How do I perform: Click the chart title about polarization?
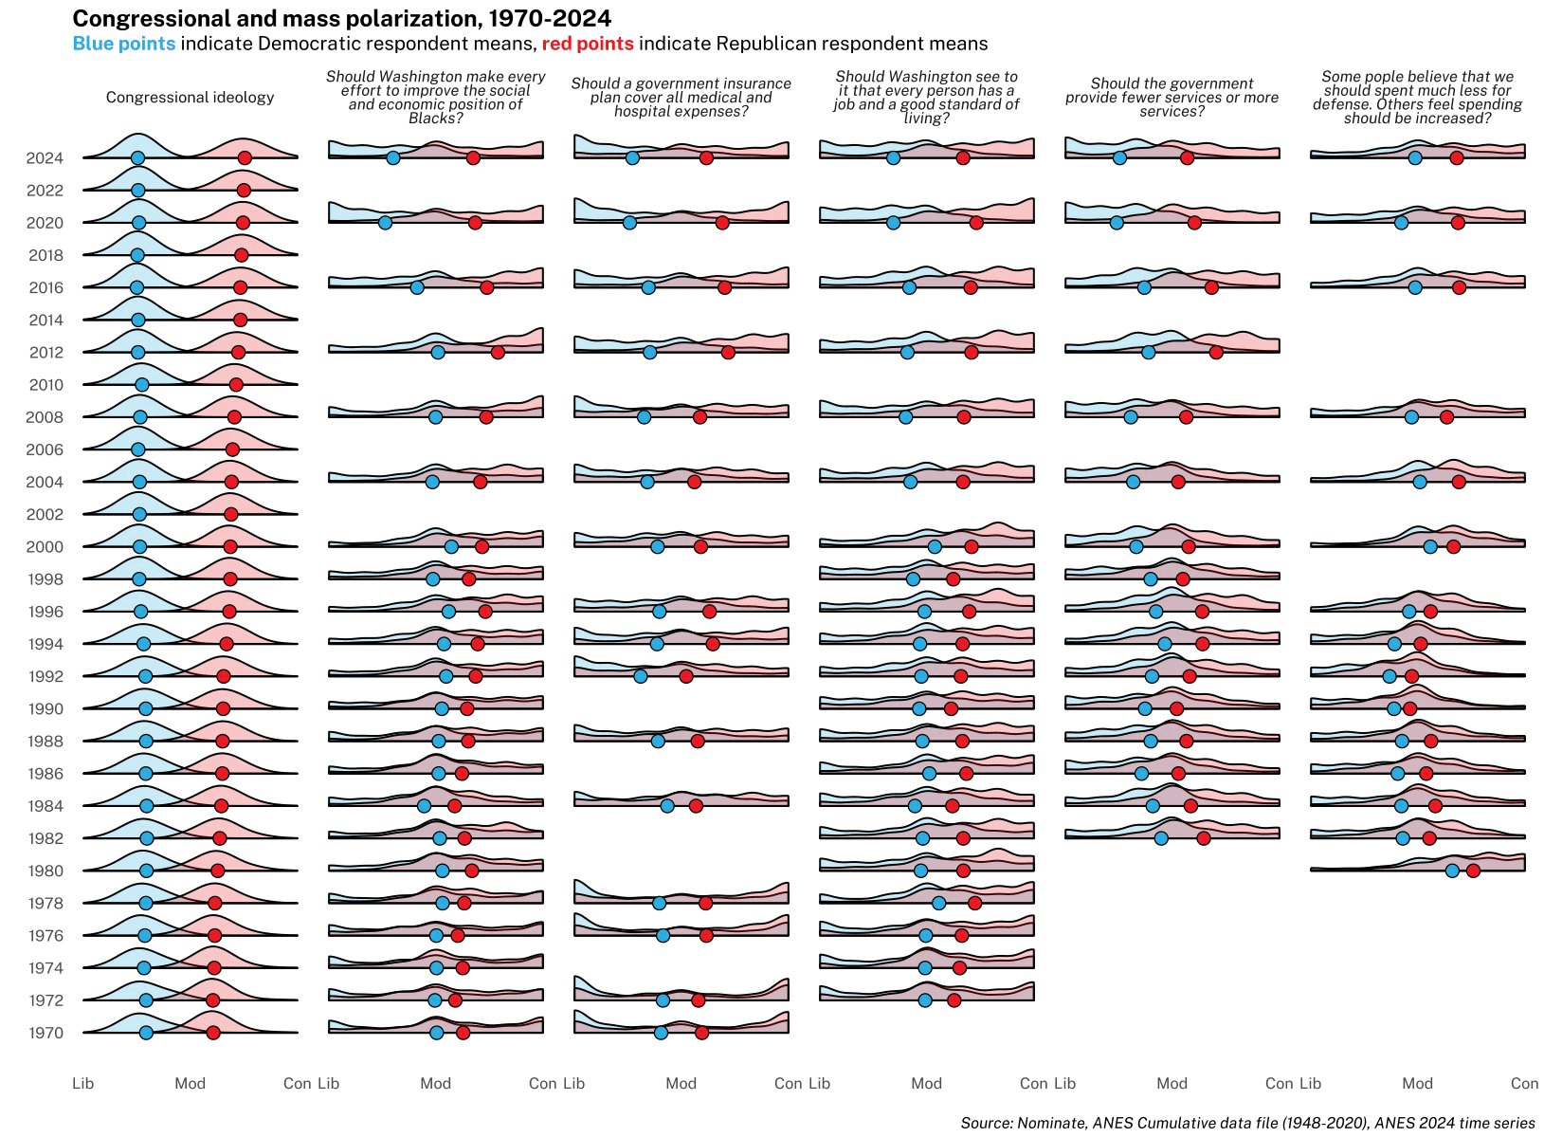341,19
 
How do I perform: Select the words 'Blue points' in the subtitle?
123,44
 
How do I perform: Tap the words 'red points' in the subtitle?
587,44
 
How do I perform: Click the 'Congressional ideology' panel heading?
190,98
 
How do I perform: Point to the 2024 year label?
45,158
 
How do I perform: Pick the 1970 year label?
45,1033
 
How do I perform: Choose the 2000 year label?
45,547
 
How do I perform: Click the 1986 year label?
45,774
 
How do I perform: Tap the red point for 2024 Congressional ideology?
245,158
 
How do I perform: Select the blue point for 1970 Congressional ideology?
146,1033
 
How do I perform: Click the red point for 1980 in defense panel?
1473,871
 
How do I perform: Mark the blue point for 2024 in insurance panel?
632,158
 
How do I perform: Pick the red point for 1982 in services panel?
1203,838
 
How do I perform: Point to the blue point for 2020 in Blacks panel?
385,223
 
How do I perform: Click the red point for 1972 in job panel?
954,1000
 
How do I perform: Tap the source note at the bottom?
1247,1123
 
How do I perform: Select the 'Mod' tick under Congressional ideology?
190,1083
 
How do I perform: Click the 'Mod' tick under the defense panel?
1417,1083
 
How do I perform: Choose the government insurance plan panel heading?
681,98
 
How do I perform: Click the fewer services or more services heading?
1172,98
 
